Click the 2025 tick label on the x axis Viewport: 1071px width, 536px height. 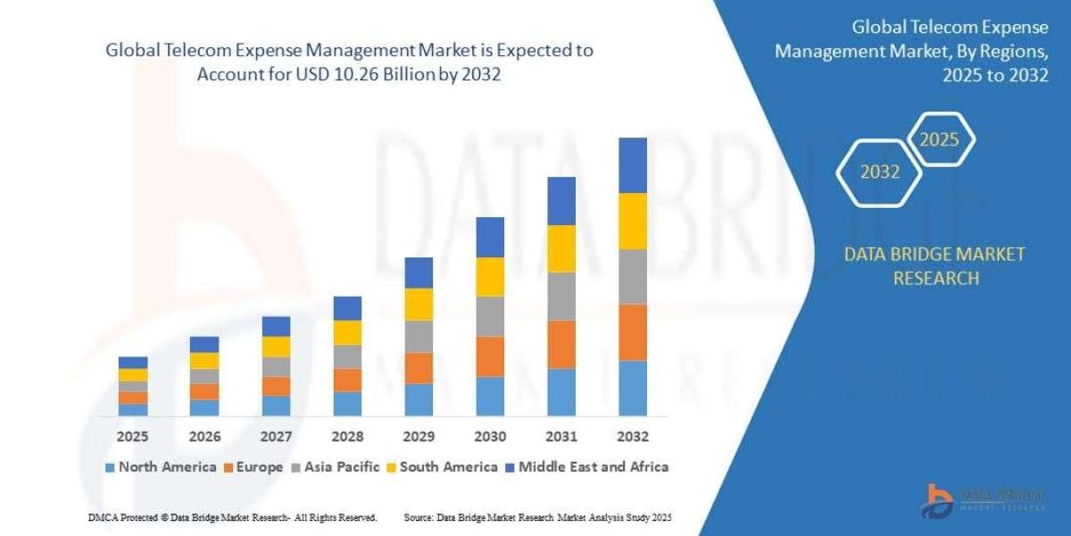pos(132,437)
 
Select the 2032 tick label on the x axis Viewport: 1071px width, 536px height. pos(632,437)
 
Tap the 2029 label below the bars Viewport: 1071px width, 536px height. pos(418,437)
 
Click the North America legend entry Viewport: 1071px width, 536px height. pos(160,466)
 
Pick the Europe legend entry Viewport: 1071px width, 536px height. pos(253,466)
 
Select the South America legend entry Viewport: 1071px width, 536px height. pos(441,466)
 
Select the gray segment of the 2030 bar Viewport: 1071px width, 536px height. pos(490,316)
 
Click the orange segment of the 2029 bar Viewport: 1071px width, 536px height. pos(418,368)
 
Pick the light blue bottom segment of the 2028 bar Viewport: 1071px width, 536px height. pos(347,404)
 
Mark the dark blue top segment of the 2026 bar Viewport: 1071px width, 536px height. pos(203,344)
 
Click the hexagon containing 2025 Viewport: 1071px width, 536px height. pos(939,139)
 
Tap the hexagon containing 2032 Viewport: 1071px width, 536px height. pos(879,172)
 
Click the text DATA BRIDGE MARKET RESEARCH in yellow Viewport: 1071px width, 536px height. pos(934,266)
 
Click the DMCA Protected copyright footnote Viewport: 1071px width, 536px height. pos(232,517)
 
